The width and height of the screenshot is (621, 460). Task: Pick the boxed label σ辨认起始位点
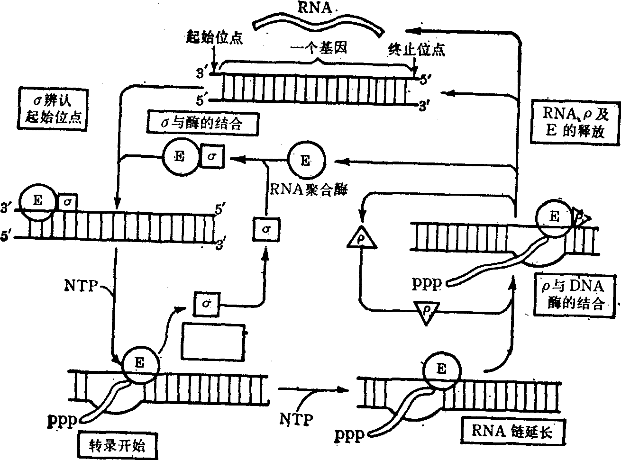click(x=54, y=109)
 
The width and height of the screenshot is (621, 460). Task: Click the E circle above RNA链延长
click(x=441, y=369)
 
